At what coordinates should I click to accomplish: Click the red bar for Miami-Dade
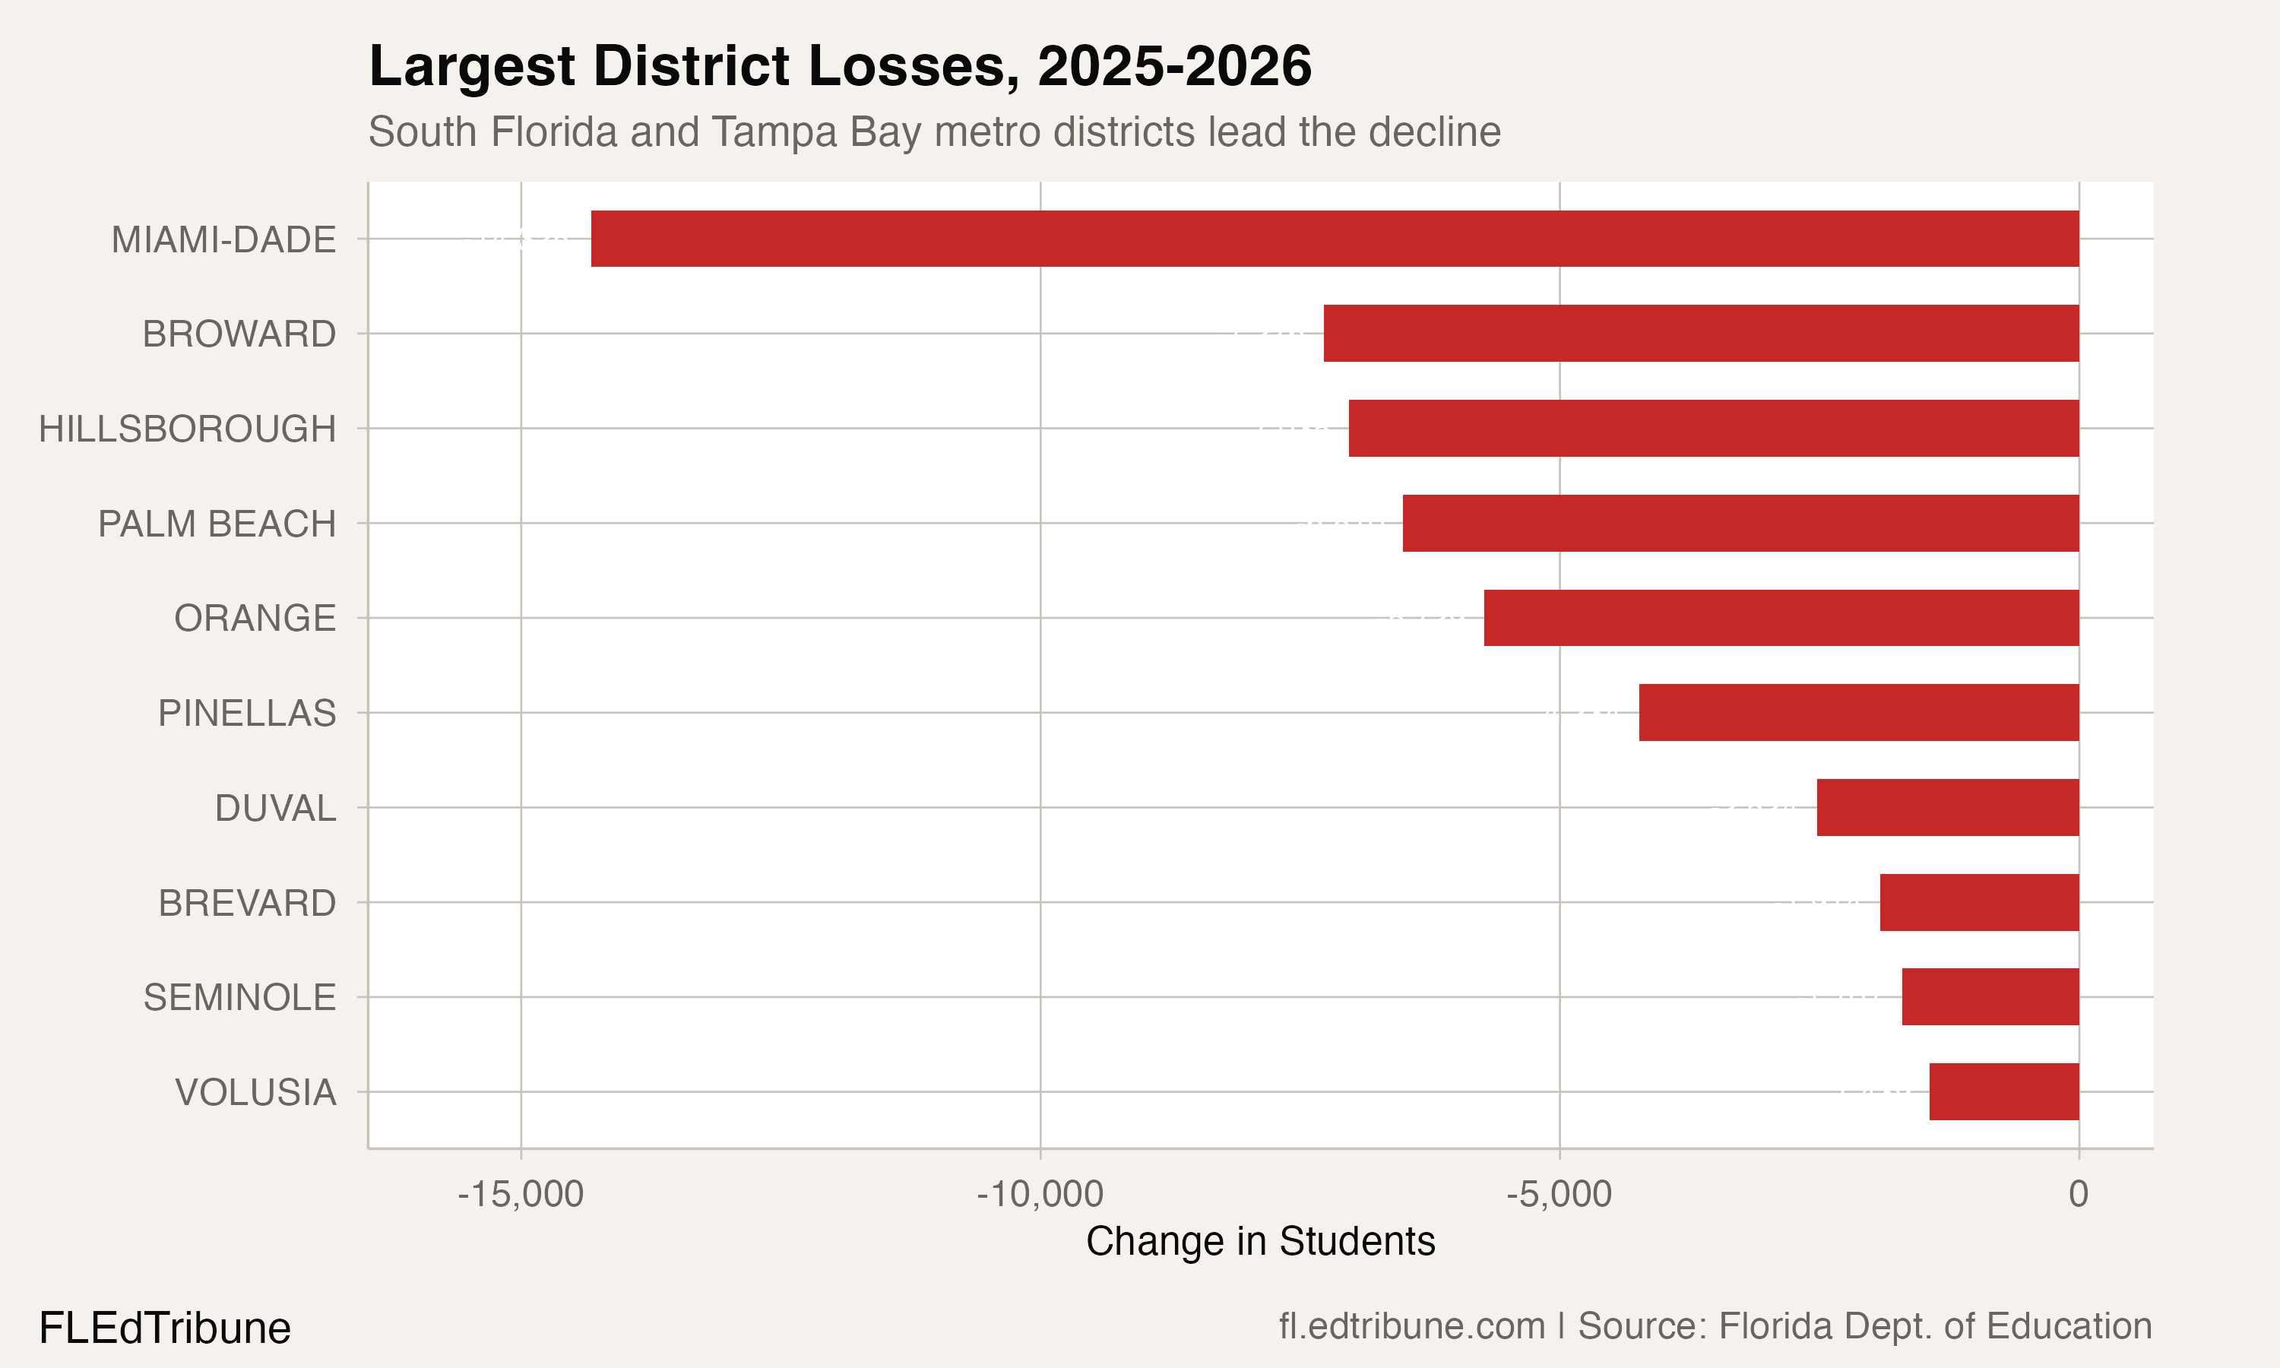(x=1335, y=239)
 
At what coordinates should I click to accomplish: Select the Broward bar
(x=1701, y=333)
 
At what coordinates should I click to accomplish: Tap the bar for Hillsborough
(x=1714, y=428)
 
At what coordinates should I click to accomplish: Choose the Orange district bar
(x=1781, y=618)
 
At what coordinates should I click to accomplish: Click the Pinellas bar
(x=1859, y=713)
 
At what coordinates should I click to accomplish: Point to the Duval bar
(x=1947, y=808)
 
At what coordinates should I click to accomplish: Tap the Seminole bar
(x=1990, y=996)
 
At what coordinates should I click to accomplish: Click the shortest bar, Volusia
(x=2004, y=1091)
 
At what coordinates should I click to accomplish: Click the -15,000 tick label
(x=521, y=1194)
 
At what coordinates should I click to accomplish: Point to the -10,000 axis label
(x=1040, y=1194)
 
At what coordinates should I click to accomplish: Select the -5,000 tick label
(x=1560, y=1194)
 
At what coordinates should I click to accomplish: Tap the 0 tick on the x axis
(x=2078, y=1194)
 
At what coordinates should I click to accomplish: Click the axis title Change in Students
(x=1260, y=1242)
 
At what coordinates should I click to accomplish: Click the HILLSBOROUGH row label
(x=187, y=429)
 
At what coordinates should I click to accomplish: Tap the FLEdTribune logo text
(x=165, y=1328)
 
